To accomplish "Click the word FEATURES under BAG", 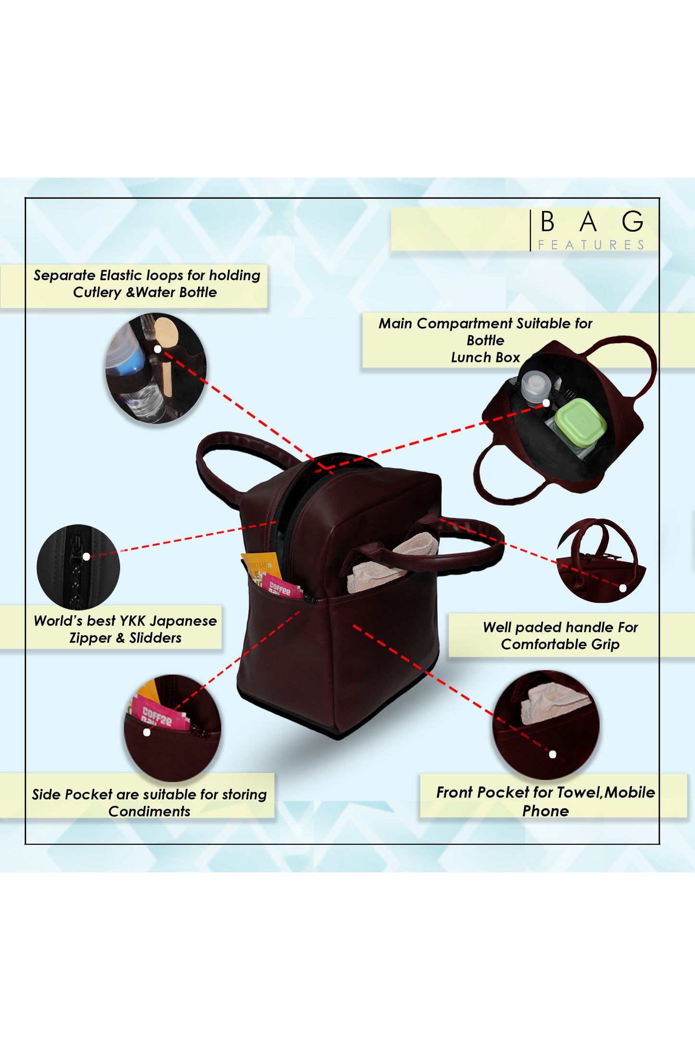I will tap(591, 245).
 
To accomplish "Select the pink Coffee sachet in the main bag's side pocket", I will tap(280, 587).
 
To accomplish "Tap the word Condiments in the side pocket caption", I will tap(149, 811).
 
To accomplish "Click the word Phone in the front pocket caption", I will tap(545, 811).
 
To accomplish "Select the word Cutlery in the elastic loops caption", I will tap(97, 292).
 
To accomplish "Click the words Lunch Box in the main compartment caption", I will tap(485, 357).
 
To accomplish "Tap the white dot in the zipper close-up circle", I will tap(86, 556).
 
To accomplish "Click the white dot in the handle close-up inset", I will tap(622, 588).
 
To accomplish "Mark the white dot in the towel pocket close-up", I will tap(553, 754).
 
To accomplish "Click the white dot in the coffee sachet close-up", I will tap(147, 732).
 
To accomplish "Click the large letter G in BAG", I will tap(632, 222).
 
